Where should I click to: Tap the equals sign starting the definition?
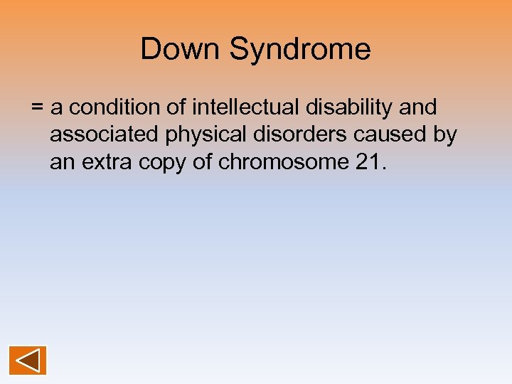pos(38,108)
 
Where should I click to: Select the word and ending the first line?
pos(419,107)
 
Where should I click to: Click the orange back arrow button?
pos(28,360)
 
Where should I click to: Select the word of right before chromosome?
pos(203,163)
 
